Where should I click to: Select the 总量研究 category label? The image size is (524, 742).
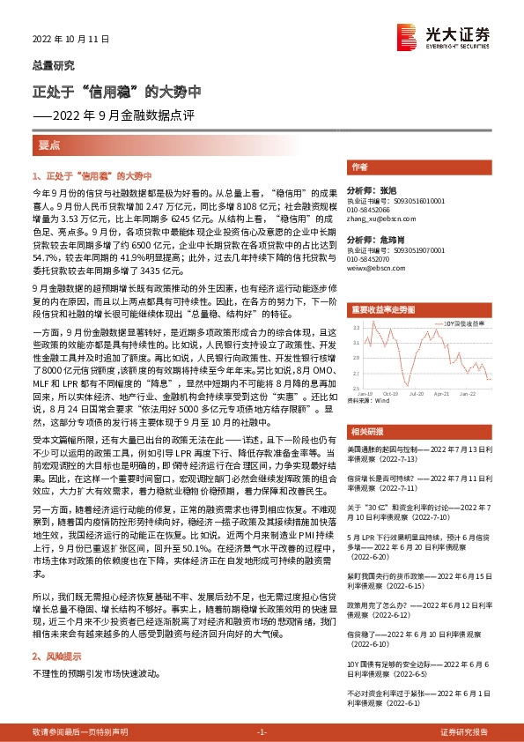(x=54, y=65)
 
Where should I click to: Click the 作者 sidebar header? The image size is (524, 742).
(x=359, y=167)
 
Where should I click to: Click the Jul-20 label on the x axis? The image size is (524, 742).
(x=417, y=394)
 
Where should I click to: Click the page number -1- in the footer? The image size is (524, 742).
(x=262, y=732)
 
